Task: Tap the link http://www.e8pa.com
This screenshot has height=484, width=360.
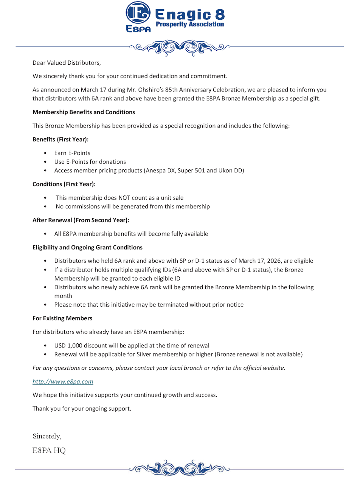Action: [x=63, y=382]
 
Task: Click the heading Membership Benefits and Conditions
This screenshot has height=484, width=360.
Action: [x=84, y=112]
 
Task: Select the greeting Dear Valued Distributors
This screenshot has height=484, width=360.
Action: [x=67, y=62]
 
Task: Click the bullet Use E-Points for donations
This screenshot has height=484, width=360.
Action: [x=90, y=161]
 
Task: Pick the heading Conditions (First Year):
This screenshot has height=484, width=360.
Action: [x=64, y=184]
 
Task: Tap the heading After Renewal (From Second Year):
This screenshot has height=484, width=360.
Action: [x=81, y=220]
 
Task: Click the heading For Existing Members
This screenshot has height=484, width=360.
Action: [x=62, y=318]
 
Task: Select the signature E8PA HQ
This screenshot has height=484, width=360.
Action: [x=49, y=450]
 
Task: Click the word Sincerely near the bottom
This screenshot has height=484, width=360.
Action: [x=47, y=436]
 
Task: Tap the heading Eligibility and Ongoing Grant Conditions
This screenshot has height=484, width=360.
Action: [x=87, y=247]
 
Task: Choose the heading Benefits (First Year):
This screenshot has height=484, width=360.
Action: [x=61, y=139]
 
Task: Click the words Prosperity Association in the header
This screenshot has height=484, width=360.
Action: [x=190, y=24]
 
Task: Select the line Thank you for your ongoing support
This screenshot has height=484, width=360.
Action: [x=82, y=408]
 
